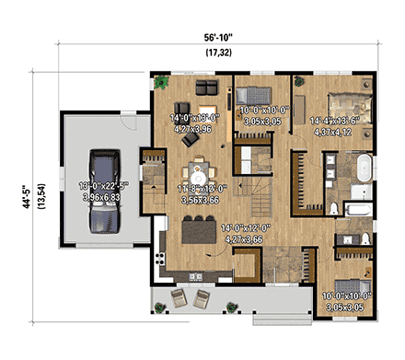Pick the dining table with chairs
(198, 173)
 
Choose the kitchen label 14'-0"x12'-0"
(217, 237)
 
